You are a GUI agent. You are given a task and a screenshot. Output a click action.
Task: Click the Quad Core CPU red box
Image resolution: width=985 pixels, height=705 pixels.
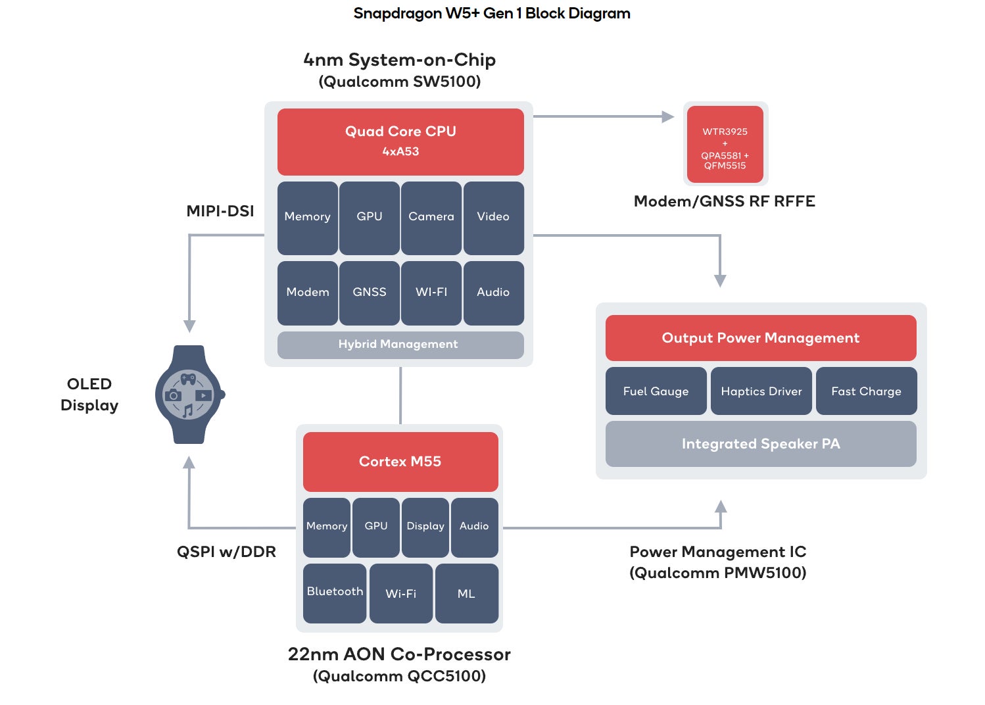click(x=400, y=141)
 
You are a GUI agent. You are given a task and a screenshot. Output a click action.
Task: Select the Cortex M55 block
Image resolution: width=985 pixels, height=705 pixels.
click(x=400, y=462)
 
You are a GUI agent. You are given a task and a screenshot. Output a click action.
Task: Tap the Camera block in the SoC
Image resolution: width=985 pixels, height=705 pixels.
click(x=431, y=218)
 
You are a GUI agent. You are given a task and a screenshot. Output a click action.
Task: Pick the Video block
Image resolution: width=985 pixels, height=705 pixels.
click(x=493, y=218)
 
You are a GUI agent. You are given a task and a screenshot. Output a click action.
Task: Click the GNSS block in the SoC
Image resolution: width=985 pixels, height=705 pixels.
click(x=370, y=293)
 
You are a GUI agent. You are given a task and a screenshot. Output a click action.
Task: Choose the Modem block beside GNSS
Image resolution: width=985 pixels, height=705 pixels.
click(x=308, y=293)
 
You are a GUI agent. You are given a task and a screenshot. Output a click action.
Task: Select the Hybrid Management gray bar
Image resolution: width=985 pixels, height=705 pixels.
click(x=400, y=345)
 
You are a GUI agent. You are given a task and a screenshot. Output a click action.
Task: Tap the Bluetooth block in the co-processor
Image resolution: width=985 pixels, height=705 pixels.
click(x=335, y=593)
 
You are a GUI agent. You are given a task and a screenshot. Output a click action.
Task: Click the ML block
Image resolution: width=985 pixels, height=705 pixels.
click(x=466, y=593)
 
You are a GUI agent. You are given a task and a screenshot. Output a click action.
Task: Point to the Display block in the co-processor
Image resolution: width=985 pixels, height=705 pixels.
click(x=425, y=527)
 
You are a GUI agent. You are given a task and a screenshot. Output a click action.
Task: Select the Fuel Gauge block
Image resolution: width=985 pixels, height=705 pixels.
click(x=656, y=391)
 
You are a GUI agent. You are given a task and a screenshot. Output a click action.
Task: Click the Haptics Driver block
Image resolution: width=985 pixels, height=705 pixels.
click(x=761, y=391)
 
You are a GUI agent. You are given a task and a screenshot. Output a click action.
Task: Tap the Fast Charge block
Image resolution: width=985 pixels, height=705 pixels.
click(x=866, y=391)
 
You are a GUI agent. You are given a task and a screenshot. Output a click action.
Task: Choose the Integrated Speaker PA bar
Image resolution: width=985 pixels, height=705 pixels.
click(x=761, y=444)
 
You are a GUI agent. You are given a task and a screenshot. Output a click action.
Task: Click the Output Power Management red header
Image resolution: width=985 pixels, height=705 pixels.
click(x=761, y=338)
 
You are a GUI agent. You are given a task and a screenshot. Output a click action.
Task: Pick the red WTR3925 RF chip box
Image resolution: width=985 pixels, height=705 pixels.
click(x=725, y=145)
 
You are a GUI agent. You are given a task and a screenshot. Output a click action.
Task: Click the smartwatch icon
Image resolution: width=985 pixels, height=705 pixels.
click(x=189, y=395)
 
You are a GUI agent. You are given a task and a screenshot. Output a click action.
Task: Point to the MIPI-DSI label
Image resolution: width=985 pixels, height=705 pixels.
click(x=220, y=211)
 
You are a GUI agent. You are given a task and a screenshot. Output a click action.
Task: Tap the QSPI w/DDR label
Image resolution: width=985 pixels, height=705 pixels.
click(x=226, y=552)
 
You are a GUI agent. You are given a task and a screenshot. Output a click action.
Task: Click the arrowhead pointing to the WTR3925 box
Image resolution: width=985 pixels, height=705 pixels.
click(x=668, y=117)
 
